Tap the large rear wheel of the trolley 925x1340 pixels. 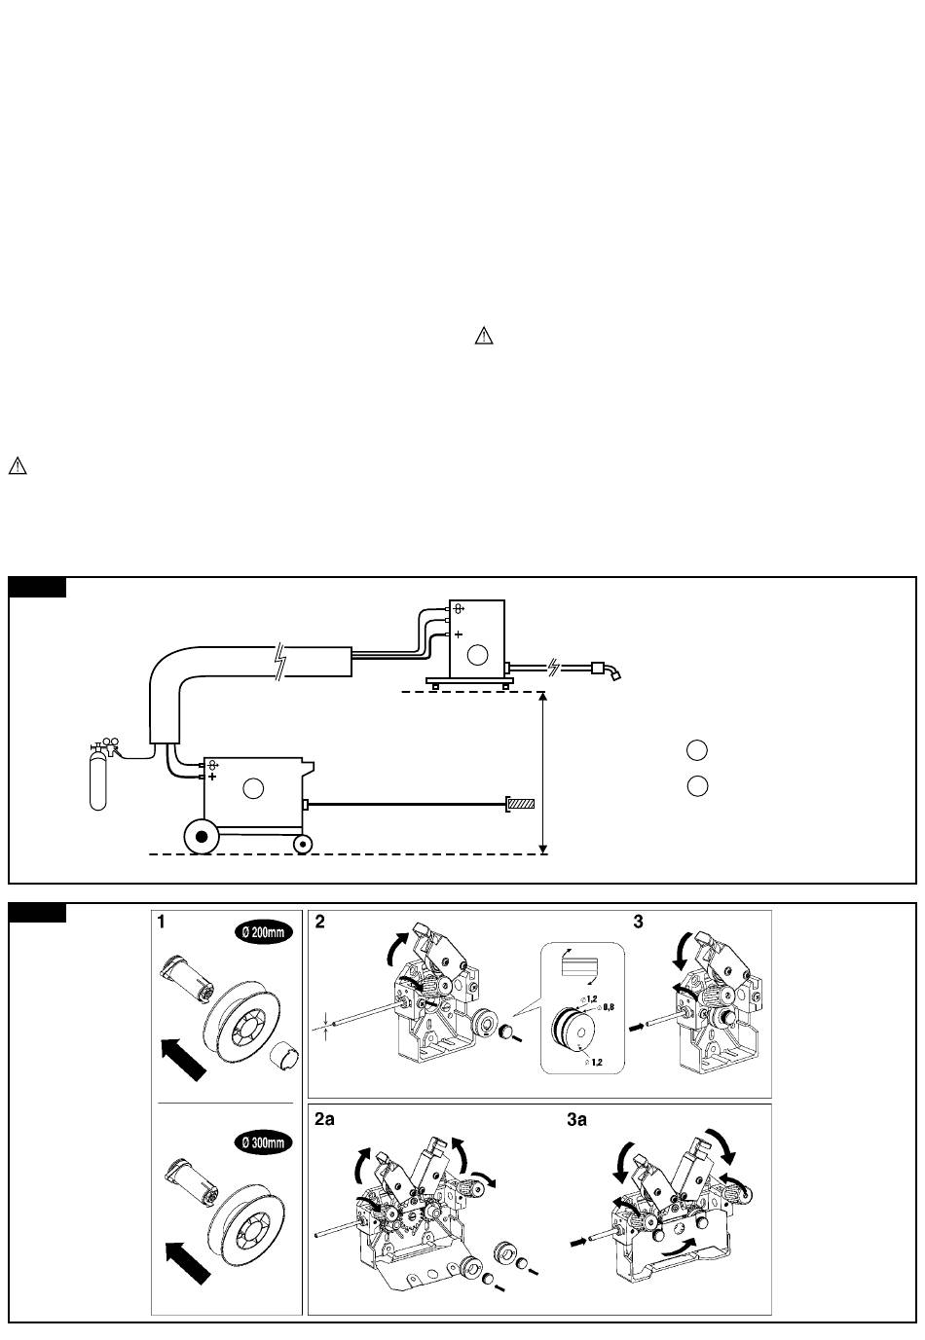coord(202,836)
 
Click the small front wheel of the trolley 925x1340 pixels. coord(303,844)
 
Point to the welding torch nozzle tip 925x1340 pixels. coord(616,676)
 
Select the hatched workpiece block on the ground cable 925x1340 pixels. coord(520,804)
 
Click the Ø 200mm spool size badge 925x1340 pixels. coord(264,932)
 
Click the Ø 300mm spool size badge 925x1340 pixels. coord(264,1142)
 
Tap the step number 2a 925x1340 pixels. coord(324,1119)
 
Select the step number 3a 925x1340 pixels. coord(576,1119)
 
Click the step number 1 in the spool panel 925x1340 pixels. coord(161,922)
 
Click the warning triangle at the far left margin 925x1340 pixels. coord(18,465)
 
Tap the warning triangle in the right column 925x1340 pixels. coord(484,336)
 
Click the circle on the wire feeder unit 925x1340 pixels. coord(477,656)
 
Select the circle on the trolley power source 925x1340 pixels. coord(253,788)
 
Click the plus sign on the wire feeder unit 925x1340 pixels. coord(458,634)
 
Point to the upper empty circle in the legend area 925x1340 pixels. coord(697,750)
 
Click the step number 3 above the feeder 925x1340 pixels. coord(638,922)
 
